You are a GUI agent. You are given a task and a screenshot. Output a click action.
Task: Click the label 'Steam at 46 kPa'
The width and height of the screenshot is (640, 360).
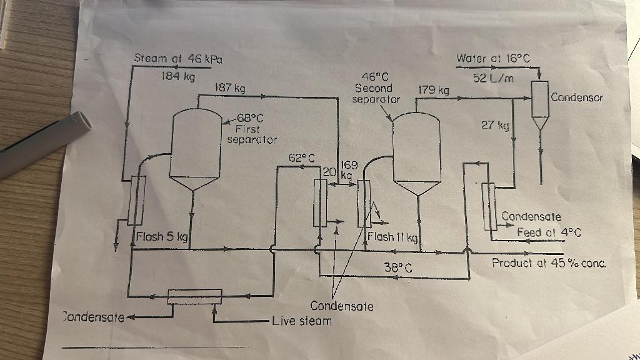click(x=179, y=58)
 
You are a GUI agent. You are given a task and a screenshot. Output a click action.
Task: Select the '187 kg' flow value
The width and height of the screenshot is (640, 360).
click(x=229, y=88)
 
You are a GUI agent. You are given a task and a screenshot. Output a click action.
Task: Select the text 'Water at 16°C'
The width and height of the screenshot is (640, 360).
click(x=493, y=59)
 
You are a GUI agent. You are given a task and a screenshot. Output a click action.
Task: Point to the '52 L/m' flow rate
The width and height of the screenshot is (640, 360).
click(x=493, y=77)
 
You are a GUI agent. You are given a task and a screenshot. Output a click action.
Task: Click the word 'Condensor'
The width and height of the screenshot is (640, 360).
click(x=577, y=97)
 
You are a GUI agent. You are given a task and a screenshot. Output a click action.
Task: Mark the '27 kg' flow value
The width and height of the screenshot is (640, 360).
click(x=496, y=125)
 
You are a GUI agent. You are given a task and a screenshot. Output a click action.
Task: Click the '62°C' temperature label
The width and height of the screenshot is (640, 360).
click(x=301, y=157)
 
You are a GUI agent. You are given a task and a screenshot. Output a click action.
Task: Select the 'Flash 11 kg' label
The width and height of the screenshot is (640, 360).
click(x=392, y=237)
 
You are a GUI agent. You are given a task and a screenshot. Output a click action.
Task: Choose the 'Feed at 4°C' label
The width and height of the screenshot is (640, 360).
click(x=549, y=232)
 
